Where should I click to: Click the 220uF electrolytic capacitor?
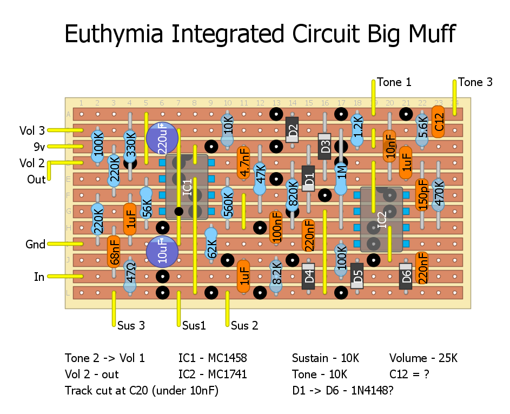162,137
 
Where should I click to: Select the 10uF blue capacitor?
162,252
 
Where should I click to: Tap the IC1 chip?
187,187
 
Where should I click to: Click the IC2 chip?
382,219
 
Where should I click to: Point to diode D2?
292,130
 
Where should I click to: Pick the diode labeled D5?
357,276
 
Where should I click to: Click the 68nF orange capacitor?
114,252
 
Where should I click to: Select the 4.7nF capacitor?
244,163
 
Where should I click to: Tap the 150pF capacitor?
422,194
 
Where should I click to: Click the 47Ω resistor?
130,276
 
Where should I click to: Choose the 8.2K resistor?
276,276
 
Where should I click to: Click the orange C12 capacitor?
438,122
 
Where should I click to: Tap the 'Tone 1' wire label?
394,82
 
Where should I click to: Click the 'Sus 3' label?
131,326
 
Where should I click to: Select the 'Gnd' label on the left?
36,245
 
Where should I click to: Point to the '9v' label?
39,147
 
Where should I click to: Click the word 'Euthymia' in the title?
115,34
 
